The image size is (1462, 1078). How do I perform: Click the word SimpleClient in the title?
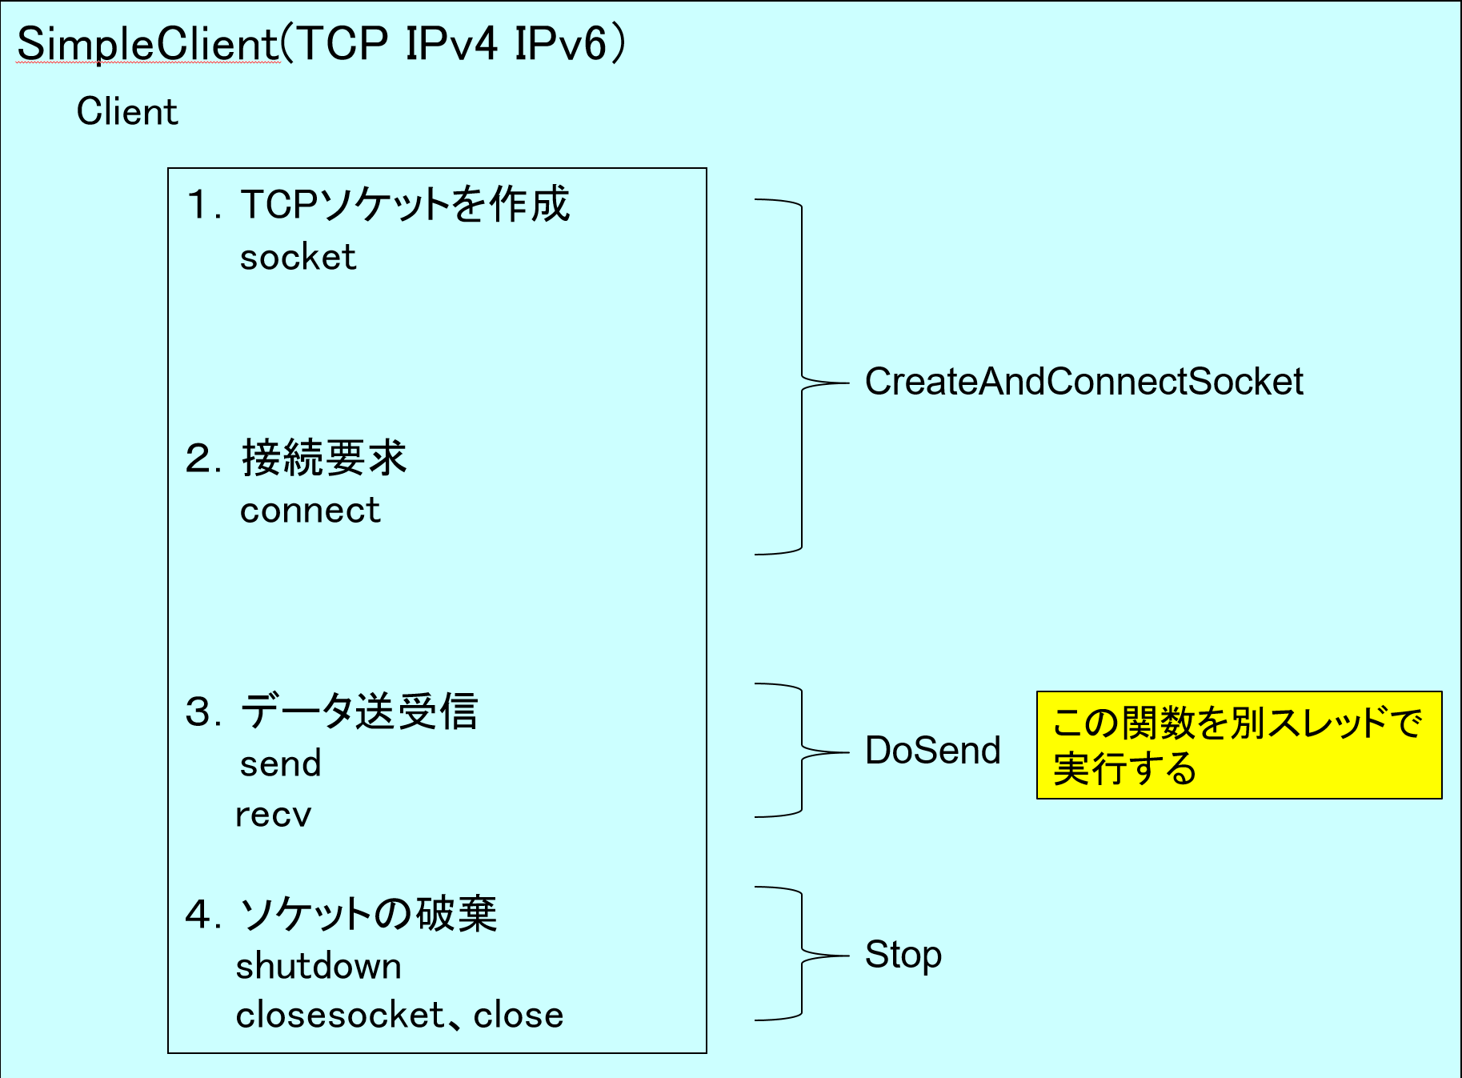[148, 45]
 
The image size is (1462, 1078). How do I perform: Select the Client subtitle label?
[127, 111]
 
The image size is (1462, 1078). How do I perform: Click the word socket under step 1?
[298, 258]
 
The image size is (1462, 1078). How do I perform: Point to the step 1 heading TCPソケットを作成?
[405, 205]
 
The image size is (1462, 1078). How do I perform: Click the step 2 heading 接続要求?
[324, 459]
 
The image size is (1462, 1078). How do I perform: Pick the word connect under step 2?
[310, 511]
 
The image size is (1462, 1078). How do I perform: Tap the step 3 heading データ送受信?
[359, 711]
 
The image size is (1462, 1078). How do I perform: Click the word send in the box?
[281, 763]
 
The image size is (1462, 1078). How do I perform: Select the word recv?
[273, 816]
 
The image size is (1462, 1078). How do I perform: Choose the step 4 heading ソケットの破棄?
[368, 914]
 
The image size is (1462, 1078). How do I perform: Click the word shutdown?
[318, 966]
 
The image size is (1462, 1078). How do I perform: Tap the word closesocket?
[340, 1015]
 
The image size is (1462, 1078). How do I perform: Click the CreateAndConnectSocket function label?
[1084, 382]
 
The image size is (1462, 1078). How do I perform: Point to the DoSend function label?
[933, 751]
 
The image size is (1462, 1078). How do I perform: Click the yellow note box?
[1239, 745]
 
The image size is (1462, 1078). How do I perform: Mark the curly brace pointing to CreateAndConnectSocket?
[802, 376]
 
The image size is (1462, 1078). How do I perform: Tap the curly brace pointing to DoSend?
[802, 751]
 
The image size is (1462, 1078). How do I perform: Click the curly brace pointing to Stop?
[802, 954]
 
